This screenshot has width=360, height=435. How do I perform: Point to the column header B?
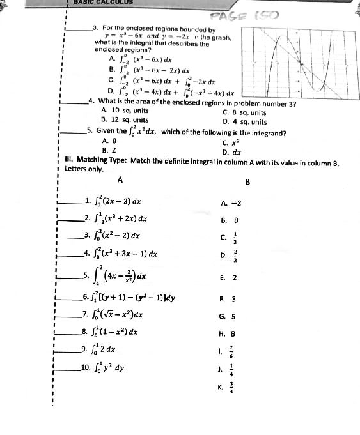click(247, 181)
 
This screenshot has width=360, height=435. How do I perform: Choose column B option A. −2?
click(231, 203)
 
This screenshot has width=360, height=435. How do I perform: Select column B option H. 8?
click(228, 333)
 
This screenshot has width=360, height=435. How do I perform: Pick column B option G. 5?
click(228, 316)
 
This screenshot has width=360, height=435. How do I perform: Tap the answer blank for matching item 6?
click(67, 297)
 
